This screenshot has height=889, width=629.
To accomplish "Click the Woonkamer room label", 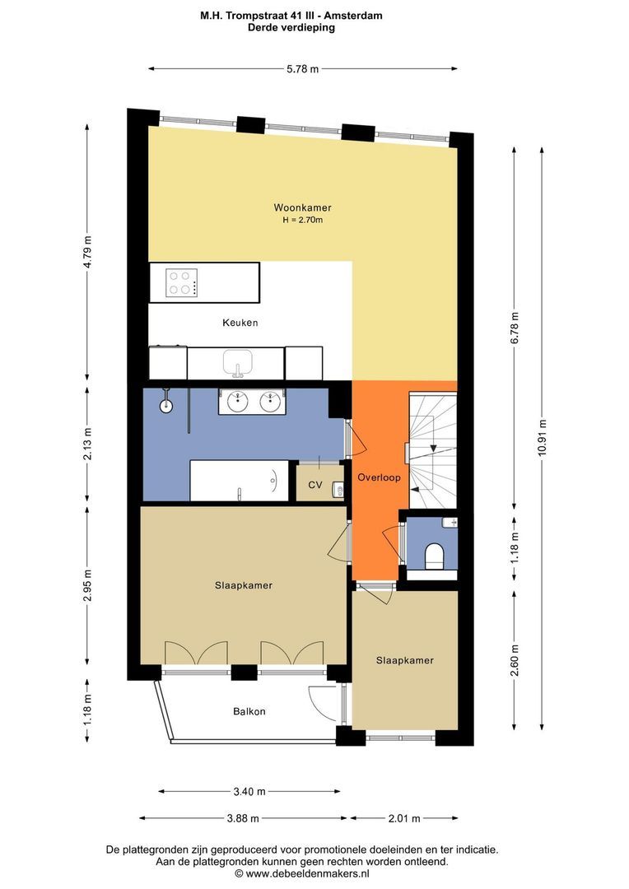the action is (302, 207).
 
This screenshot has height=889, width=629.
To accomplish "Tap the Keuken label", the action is (240, 323).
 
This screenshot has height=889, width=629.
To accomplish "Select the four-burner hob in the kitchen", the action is (181, 282).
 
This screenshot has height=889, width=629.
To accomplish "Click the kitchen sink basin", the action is (238, 361).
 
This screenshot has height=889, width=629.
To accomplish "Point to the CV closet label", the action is (315, 485).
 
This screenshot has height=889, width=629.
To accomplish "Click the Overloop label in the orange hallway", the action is (379, 477).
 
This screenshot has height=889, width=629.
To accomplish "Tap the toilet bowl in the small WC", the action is (435, 555).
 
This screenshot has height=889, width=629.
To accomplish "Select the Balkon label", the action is (249, 711).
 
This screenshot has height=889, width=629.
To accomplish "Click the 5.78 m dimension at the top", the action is (303, 69).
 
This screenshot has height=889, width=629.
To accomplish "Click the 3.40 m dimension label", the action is (249, 792).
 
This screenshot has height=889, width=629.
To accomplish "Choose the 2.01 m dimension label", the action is (404, 818).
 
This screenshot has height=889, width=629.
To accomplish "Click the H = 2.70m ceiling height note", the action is (302, 220).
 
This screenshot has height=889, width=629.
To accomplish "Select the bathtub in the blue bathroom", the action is (239, 481).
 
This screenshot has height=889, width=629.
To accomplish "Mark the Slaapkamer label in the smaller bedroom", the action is (404, 660).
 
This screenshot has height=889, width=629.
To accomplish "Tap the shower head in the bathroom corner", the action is (165, 405).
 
